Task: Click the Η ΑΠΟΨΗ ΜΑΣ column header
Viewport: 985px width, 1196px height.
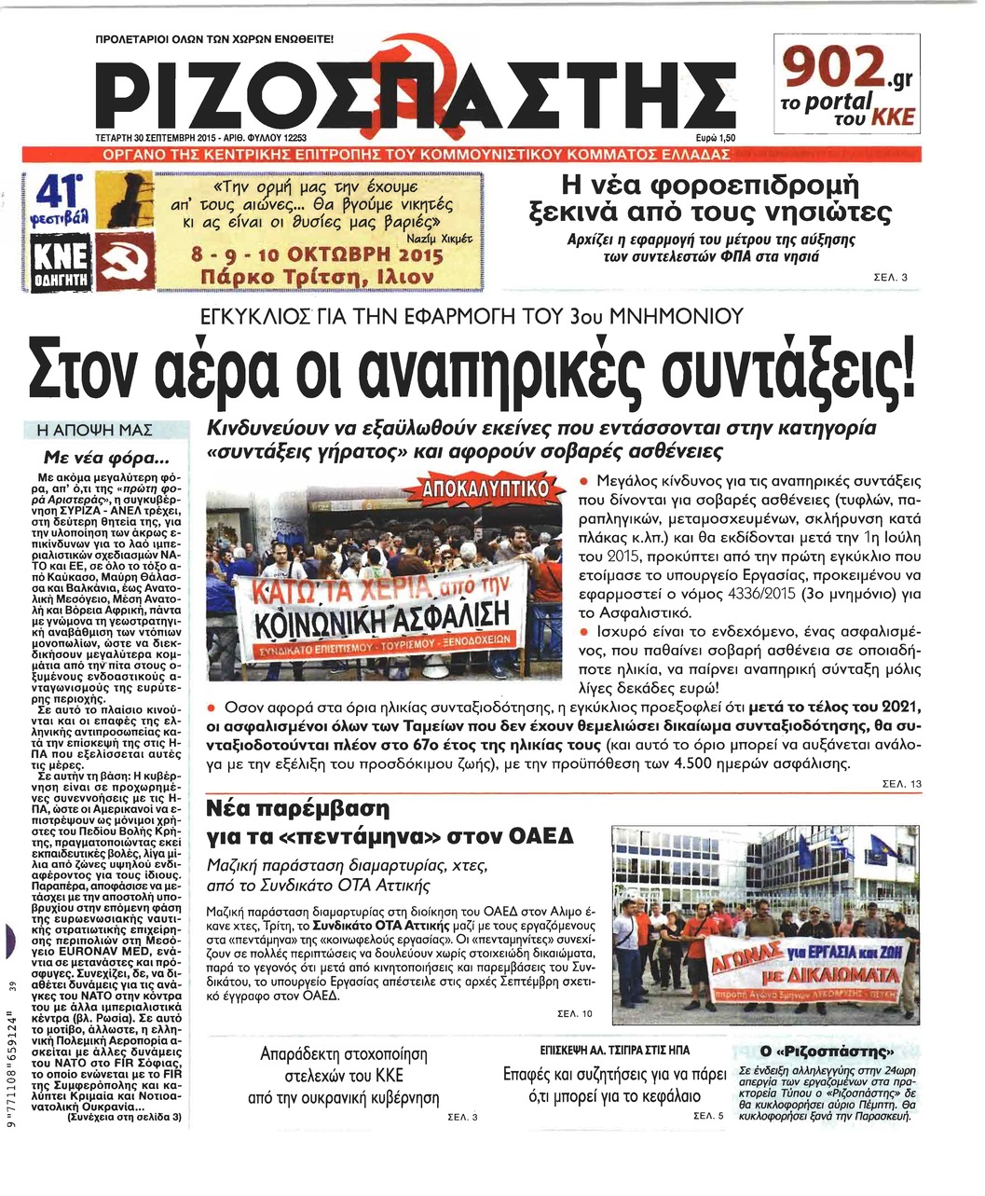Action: [106, 430]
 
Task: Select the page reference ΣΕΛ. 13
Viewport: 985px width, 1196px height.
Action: [902, 784]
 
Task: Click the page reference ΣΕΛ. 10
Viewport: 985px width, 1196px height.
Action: [573, 1013]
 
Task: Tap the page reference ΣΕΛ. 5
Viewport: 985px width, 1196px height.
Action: [708, 1115]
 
